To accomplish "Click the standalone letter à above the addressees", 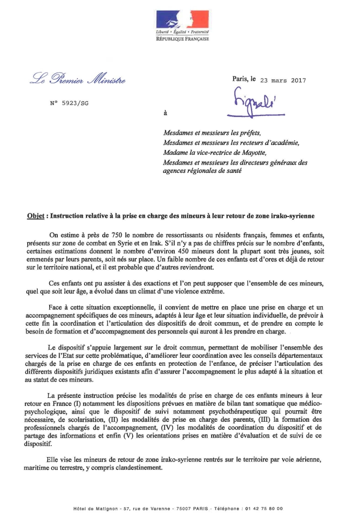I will [x=165, y=114].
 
